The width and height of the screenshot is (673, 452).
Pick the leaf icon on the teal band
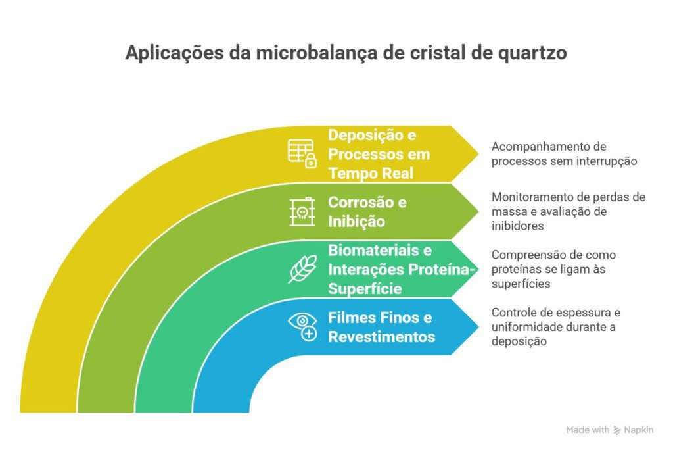pos(302,270)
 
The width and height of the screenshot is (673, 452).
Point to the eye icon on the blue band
pos(302,327)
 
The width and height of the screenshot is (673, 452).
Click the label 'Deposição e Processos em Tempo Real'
pos(379,154)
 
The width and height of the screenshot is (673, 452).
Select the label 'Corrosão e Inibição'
pos(367,211)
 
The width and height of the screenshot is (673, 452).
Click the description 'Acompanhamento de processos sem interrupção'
pos(564,153)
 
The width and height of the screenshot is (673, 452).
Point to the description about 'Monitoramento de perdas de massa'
pos(569,211)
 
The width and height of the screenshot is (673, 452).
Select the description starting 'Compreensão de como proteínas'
pos(553,269)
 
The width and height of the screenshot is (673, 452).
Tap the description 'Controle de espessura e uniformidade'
pos(555,327)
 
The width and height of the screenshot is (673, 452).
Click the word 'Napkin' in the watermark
pos(639,430)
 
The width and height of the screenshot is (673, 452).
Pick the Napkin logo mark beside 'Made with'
pos(617,430)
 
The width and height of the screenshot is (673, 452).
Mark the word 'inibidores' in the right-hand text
pos(517,226)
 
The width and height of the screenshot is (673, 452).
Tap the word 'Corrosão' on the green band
pos(358,202)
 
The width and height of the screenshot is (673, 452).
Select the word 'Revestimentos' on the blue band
pos(381,337)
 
